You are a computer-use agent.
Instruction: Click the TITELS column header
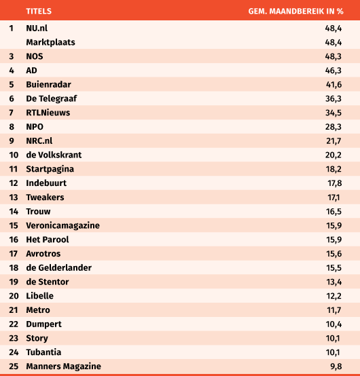pyautogui.click(x=39, y=12)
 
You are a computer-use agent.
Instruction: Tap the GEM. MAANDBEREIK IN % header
pyautogui.click(x=296, y=12)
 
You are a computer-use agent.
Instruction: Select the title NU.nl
pyautogui.click(x=37, y=29)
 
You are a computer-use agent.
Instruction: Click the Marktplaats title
pyautogui.click(x=50, y=42)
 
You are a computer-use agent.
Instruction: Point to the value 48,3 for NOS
pyautogui.click(x=334, y=56)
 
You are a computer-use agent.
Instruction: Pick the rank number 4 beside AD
pyautogui.click(x=12, y=71)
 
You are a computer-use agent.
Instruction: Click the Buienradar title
pyautogui.click(x=48, y=84)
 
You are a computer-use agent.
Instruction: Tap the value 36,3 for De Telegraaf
pyautogui.click(x=334, y=98)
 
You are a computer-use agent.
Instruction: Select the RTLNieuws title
pyautogui.click(x=48, y=113)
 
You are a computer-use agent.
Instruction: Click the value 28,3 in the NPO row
pyautogui.click(x=334, y=127)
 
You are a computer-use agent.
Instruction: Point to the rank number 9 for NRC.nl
pyautogui.click(x=12, y=140)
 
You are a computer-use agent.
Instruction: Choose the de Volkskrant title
pyautogui.click(x=54, y=155)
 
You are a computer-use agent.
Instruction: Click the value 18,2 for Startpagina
pyautogui.click(x=334, y=169)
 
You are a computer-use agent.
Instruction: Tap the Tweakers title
pyautogui.click(x=45, y=198)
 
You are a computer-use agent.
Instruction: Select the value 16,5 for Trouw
pyautogui.click(x=334, y=212)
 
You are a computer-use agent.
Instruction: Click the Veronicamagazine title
pyautogui.click(x=63, y=225)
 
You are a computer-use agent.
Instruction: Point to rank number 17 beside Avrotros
pyautogui.click(x=14, y=254)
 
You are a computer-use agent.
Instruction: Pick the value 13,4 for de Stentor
pyautogui.click(x=334, y=282)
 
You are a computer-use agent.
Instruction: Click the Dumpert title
pyautogui.click(x=44, y=324)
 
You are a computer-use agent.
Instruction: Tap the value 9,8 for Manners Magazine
pyautogui.click(x=336, y=366)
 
